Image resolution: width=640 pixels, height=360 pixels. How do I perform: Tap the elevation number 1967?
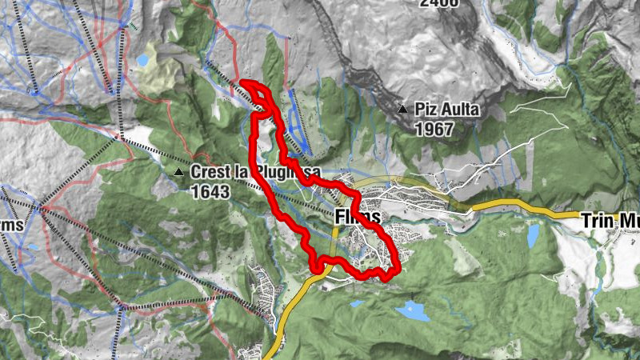(434, 129)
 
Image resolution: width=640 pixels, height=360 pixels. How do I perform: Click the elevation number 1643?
(210, 192)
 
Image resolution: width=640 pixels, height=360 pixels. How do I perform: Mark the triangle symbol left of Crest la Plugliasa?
(178, 171)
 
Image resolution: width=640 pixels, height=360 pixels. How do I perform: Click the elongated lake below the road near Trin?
(533, 236)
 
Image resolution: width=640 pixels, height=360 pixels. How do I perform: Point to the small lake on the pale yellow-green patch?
(142, 60)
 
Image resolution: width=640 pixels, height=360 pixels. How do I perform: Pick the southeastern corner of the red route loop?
(391, 275)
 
